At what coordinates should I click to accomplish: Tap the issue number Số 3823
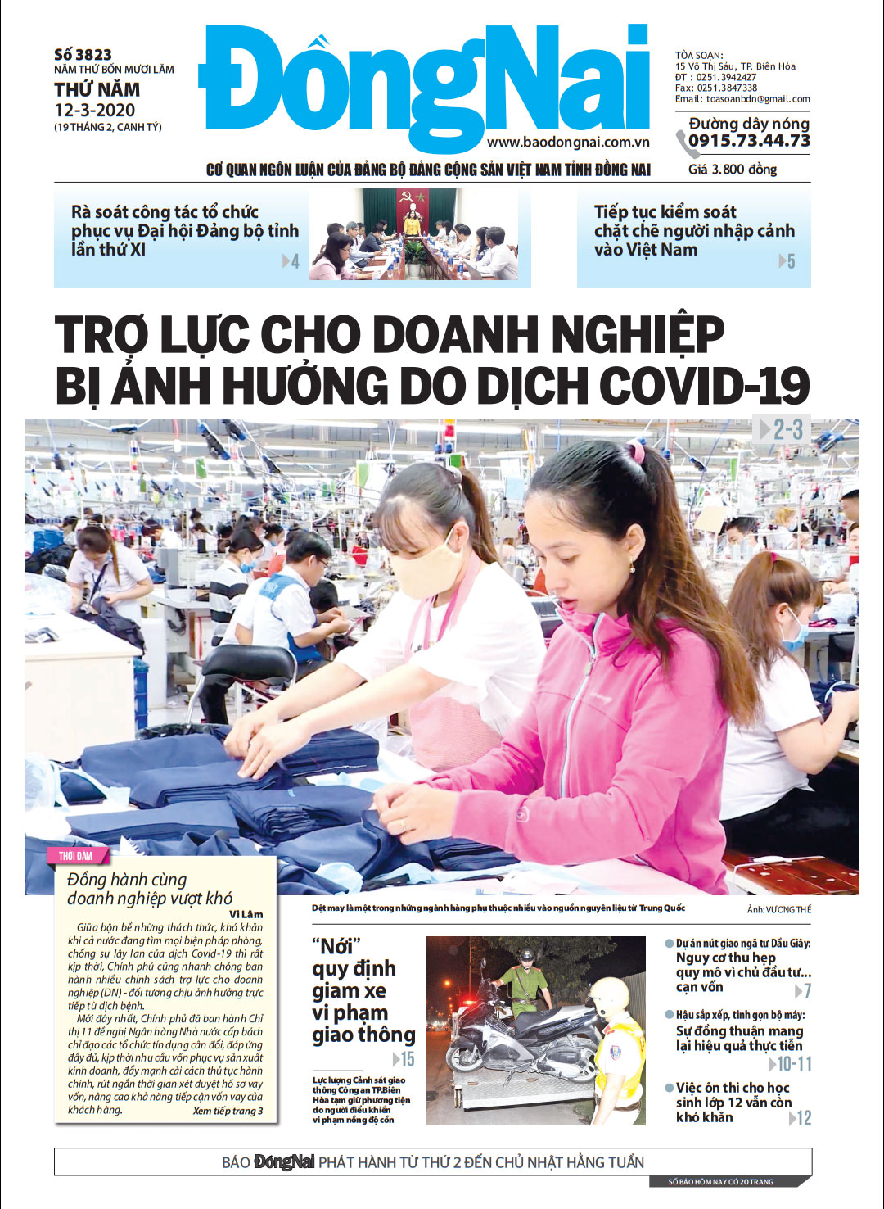point(83,55)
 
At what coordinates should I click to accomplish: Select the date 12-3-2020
point(95,111)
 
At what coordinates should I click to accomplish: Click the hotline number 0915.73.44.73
point(749,141)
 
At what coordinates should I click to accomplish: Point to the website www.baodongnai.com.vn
point(568,142)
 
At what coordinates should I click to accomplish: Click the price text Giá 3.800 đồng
point(733,170)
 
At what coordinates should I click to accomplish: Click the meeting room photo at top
point(413,235)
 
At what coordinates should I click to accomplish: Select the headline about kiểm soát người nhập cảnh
point(693,231)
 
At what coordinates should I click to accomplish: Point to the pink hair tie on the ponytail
point(635,451)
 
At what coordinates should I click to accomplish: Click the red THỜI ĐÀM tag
point(75,856)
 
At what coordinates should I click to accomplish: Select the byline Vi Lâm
point(246,914)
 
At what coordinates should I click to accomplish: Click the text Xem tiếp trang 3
point(228,1112)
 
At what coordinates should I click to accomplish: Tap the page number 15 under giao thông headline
point(407,1059)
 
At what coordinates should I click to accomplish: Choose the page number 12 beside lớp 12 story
point(804,1118)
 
